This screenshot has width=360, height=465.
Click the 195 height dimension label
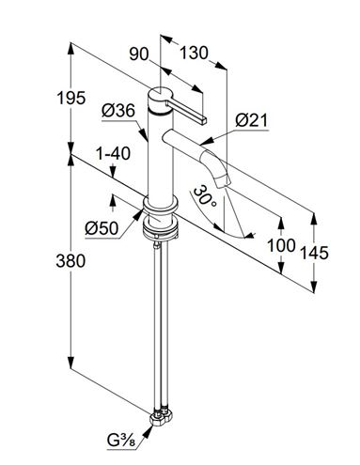70,98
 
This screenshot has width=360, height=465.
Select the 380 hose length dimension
70,260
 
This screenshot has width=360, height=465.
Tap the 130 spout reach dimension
194,53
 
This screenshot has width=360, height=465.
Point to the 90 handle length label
139,54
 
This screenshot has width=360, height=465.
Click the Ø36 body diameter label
118,110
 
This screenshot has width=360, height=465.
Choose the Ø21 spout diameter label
252,120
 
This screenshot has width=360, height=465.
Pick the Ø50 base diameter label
102,228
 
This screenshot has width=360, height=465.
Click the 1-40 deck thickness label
113,154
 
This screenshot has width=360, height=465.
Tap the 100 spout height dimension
281,245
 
